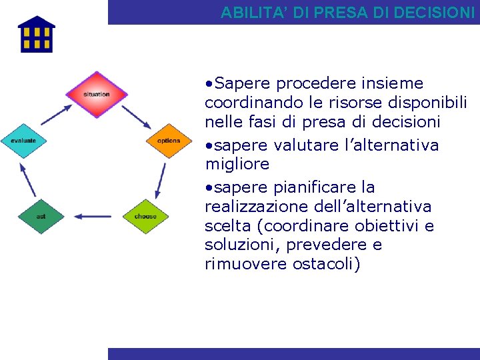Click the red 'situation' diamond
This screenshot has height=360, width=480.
point(97,94)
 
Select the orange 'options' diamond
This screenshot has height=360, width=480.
point(169,141)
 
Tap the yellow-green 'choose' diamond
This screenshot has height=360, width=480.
point(145,216)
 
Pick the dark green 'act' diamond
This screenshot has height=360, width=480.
point(41,216)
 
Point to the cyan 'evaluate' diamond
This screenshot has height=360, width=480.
point(23,141)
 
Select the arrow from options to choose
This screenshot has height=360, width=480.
point(161,179)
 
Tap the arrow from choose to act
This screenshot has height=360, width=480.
point(93,216)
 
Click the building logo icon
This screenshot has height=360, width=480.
point(36,35)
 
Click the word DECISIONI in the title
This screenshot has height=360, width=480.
point(435,13)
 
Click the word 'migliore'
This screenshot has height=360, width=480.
point(237,164)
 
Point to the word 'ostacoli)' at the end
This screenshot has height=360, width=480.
point(326,265)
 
